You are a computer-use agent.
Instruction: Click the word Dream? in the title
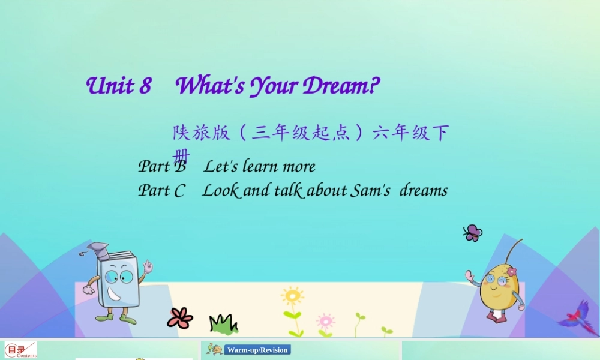pos(341,86)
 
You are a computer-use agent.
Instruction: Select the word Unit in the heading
pos(110,86)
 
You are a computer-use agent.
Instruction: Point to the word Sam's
pos(368,191)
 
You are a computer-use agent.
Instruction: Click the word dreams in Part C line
pos(424,191)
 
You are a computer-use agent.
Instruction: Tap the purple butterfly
pos(473,233)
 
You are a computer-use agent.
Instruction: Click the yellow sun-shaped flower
pos(292,296)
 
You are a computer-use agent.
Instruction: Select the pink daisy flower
pos(325,320)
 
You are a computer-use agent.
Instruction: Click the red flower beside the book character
pos(180,317)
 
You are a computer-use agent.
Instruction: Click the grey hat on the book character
pos(98,250)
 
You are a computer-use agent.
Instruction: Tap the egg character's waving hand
pos(470,277)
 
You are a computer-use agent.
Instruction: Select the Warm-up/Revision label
pos(257,350)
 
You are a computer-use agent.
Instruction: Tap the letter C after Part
pos(179,191)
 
